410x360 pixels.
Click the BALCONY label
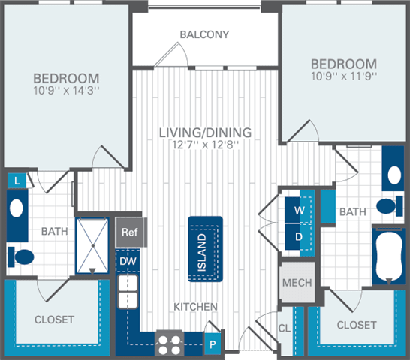[204, 34]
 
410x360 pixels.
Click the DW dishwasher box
[126, 261]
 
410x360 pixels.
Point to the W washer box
[300, 211]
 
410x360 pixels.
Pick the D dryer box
[300, 236]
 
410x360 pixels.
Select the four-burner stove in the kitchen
[168, 343]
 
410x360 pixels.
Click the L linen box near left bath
[16, 180]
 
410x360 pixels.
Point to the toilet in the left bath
[23, 256]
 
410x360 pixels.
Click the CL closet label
[285, 328]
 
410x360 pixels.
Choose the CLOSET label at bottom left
[54, 319]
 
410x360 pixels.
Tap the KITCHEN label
[197, 307]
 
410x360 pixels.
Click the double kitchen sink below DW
[127, 291]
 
